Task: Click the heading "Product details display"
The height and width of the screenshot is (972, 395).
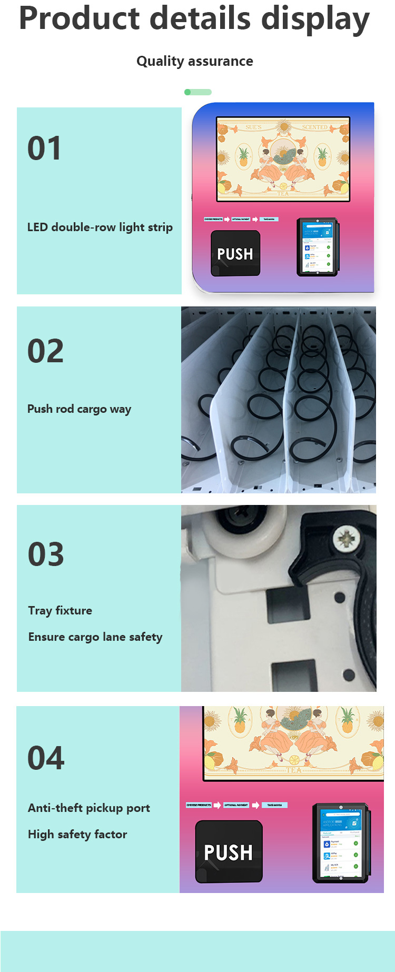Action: click(x=194, y=19)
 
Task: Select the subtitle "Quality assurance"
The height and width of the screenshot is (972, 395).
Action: click(x=194, y=61)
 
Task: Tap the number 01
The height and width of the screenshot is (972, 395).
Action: click(x=44, y=148)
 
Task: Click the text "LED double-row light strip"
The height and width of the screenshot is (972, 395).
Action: click(x=100, y=227)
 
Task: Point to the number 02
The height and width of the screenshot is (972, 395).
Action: click(x=45, y=351)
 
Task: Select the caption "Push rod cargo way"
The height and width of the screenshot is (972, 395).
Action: click(x=79, y=409)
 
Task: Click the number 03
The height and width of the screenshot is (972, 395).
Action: click(x=46, y=554)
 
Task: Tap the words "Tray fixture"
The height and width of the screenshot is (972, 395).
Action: click(x=60, y=610)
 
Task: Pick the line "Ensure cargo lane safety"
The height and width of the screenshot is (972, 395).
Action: click(x=95, y=637)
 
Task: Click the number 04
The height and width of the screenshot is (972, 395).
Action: click(x=46, y=758)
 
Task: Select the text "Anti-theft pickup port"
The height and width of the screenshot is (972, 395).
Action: click(x=88, y=808)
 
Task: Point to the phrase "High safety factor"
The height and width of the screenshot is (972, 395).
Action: click(x=77, y=834)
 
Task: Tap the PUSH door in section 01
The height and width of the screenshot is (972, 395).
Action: click(x=235, y=253)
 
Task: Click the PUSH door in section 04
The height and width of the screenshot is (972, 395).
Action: click(x=229, y=851)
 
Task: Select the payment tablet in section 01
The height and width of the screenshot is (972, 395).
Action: click(x=318, y=246)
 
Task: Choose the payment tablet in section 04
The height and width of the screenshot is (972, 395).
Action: click(x=341, y=842)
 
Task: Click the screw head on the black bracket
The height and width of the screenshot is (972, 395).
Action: click(x=346, y=539)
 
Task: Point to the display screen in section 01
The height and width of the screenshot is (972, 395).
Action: click(x=283, y=159)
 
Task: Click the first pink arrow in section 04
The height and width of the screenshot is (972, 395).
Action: click(x=217, y=805)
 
